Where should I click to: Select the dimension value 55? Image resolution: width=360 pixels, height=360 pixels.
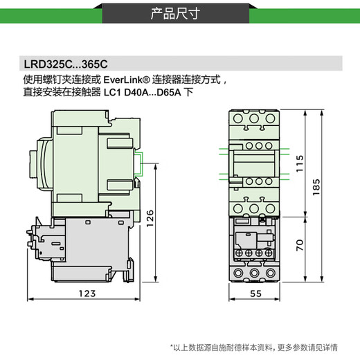tap(254, 294)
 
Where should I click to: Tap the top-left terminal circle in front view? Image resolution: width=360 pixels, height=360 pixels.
tap(239, 119)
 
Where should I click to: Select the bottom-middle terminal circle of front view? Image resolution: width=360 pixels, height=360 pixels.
tap(253, 273)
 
